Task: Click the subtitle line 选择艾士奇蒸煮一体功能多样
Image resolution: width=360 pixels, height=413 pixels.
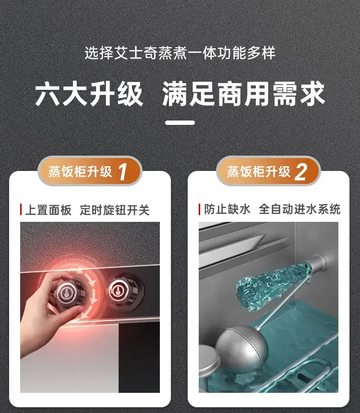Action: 180,53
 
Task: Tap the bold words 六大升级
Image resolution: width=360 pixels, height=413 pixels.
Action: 89,94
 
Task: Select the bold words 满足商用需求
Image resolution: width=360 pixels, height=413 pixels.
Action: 243,94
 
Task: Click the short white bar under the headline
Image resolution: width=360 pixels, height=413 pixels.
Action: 180,122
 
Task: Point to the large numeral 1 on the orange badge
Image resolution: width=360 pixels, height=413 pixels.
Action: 123,172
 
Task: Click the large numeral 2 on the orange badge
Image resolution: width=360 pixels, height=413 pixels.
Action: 301,172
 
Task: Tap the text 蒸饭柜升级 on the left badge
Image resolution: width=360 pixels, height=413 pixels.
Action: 80,172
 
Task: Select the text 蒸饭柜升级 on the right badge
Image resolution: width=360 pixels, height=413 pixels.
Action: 259,172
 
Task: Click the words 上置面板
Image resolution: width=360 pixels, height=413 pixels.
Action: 48,210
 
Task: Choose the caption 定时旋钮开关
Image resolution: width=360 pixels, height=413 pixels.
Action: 115,210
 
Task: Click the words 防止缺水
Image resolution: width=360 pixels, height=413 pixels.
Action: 227,209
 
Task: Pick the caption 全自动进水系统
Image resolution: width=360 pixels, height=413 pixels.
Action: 300,209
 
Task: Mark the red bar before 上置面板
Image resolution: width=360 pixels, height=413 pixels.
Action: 21,210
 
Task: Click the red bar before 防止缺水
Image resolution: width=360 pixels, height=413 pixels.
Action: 200,209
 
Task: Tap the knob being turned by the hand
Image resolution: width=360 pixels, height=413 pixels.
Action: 67,293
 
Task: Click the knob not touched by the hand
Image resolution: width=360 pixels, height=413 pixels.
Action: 125,292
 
